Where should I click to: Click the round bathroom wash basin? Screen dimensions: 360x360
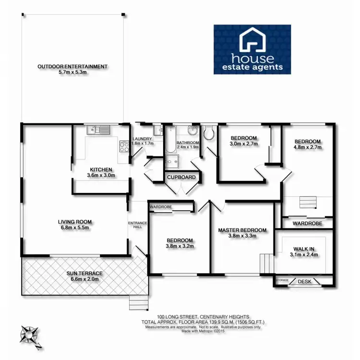192,131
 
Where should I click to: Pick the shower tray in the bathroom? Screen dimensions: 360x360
172,163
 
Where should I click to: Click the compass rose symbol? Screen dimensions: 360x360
30,335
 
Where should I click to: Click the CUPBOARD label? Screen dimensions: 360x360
181,178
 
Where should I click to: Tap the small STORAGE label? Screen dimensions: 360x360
282,279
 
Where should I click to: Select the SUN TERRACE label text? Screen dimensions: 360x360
84,273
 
